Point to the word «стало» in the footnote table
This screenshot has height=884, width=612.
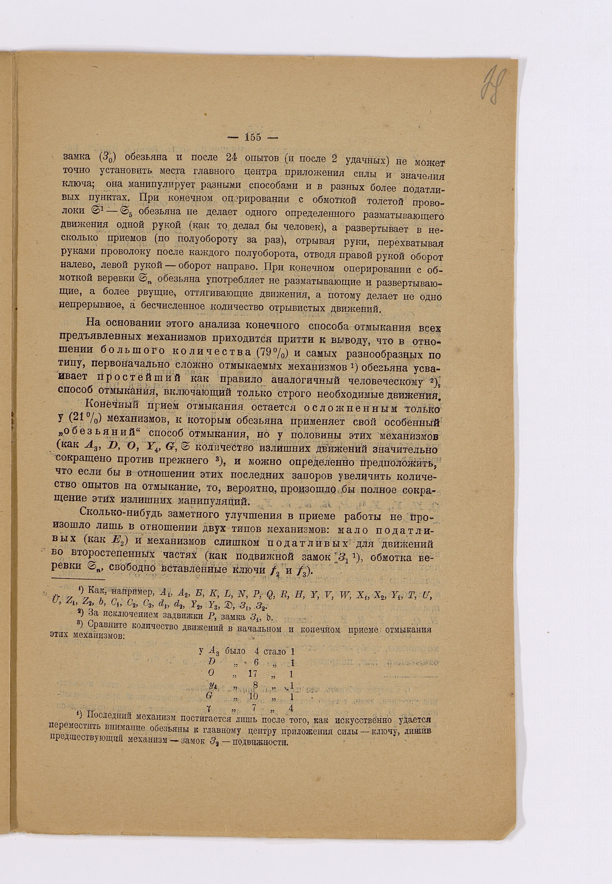click(275, 651)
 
